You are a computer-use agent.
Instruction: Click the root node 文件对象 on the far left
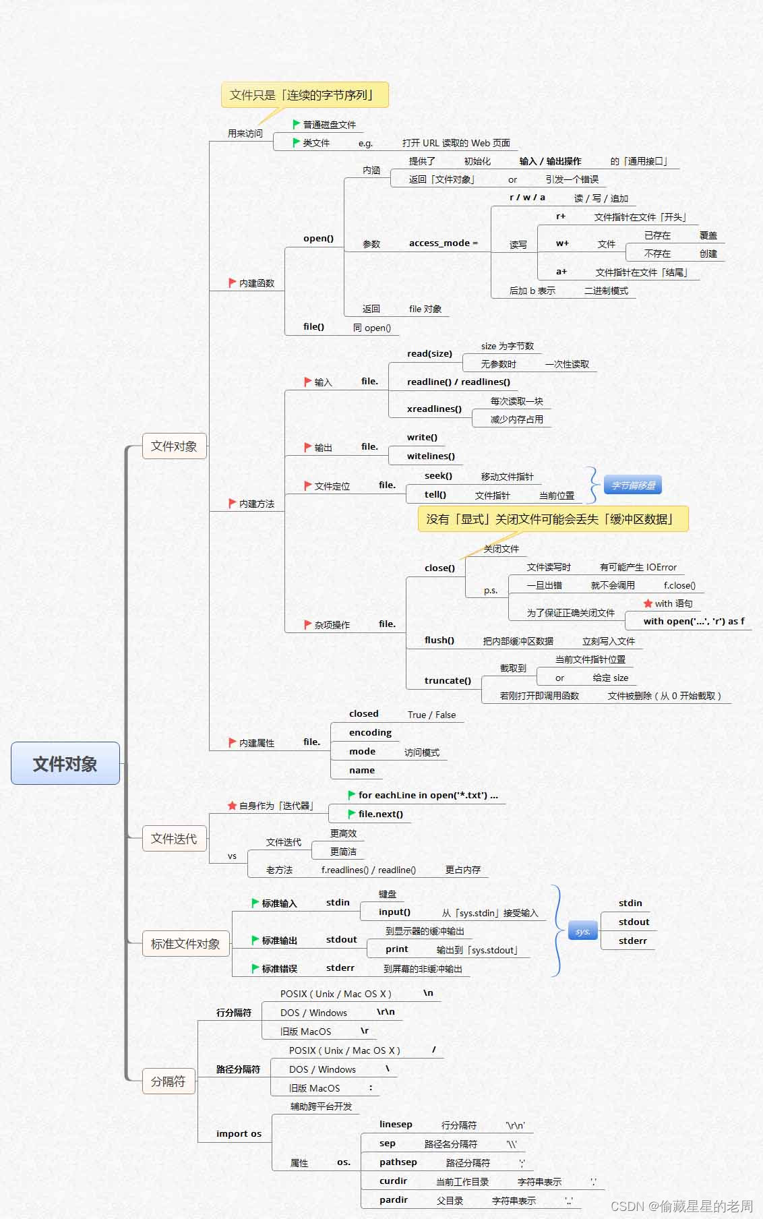click(x=65, y=763)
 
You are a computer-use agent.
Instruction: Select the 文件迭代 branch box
click(x=174, y=838)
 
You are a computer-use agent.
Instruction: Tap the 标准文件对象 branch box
click(x=185, y=944)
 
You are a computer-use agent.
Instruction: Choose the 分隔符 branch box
click(x=168, y=1081)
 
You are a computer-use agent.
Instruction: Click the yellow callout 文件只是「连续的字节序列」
click(x=305, y=95)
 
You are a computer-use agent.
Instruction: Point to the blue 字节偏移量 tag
click(x=633, y=485)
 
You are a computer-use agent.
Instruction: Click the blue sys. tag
click(x=582, y=932)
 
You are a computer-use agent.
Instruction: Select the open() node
click(x=318, y=238)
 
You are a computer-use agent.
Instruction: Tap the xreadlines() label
click(x=434, y=409)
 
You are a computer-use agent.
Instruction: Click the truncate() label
click(x=448, y=680)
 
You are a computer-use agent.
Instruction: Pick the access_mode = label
click(x=443, y=243)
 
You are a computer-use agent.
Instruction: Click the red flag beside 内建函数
click(x=232, y=283)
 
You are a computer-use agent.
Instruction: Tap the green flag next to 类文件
click(x=296, y=142)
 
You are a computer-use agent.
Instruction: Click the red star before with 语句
click(x=648, y=603)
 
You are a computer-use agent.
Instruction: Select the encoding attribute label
click(x=370, y=732)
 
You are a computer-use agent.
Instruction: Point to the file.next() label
click(x=380, y=814)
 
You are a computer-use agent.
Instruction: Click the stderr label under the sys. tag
click(x=632, y=941)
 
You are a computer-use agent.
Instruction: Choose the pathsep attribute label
click(x=398, y=1162)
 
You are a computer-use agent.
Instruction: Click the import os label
click(x=239, y=1133)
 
